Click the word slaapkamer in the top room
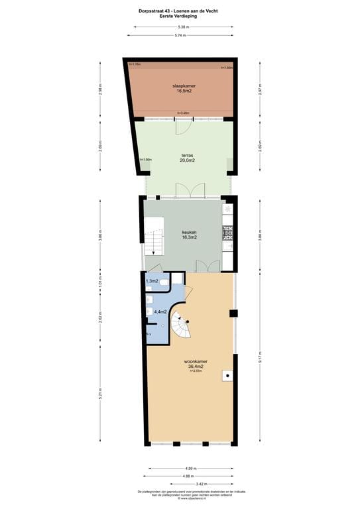tap(182, 85)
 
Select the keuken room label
tap(190, 233)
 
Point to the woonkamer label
tap(194, 362)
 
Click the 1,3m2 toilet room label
tap(152, 282)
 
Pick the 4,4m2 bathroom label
tap(160, 311)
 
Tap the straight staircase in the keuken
tap(154, 243)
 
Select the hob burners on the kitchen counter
tap(228, 231)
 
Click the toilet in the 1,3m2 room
tap(164, 282)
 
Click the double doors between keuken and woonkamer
tap(208, 265)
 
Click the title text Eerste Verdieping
tap(179, 16)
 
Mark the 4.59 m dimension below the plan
tap(191, 468)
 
